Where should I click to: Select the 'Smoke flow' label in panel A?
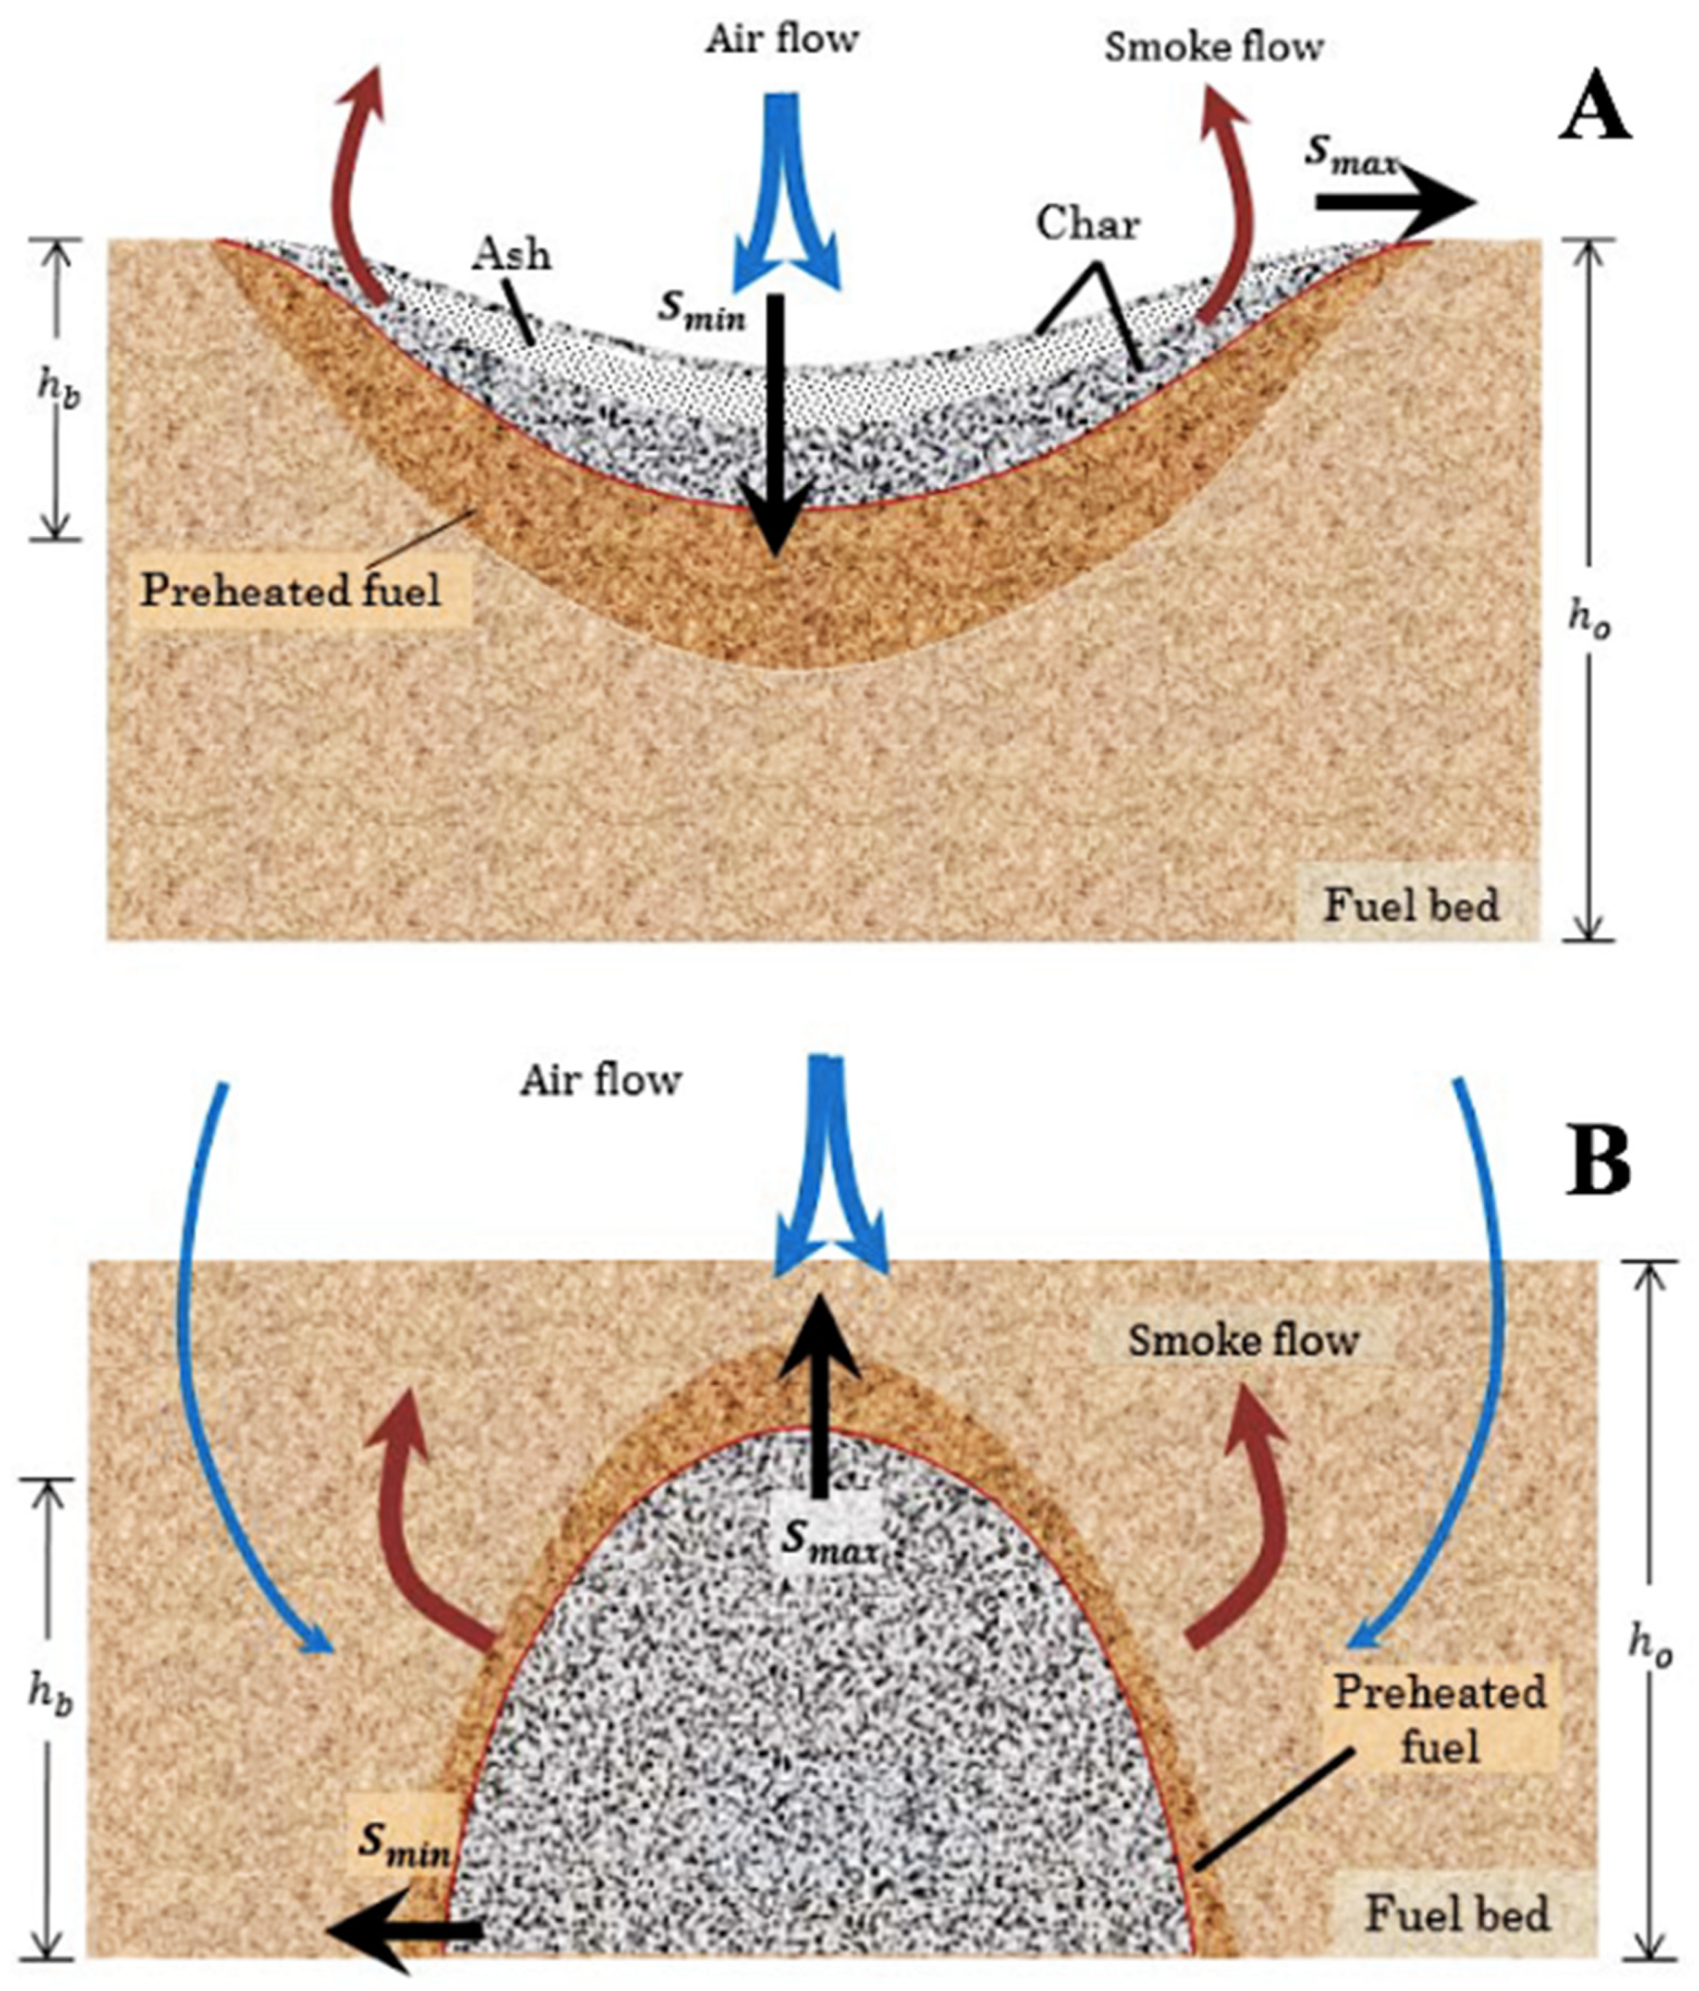[x=1213, y=47]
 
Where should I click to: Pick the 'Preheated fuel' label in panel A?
[x=291, y=590]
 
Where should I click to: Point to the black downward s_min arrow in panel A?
[x=774, y=423]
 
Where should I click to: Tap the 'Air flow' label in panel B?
[x=601, y=1080]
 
